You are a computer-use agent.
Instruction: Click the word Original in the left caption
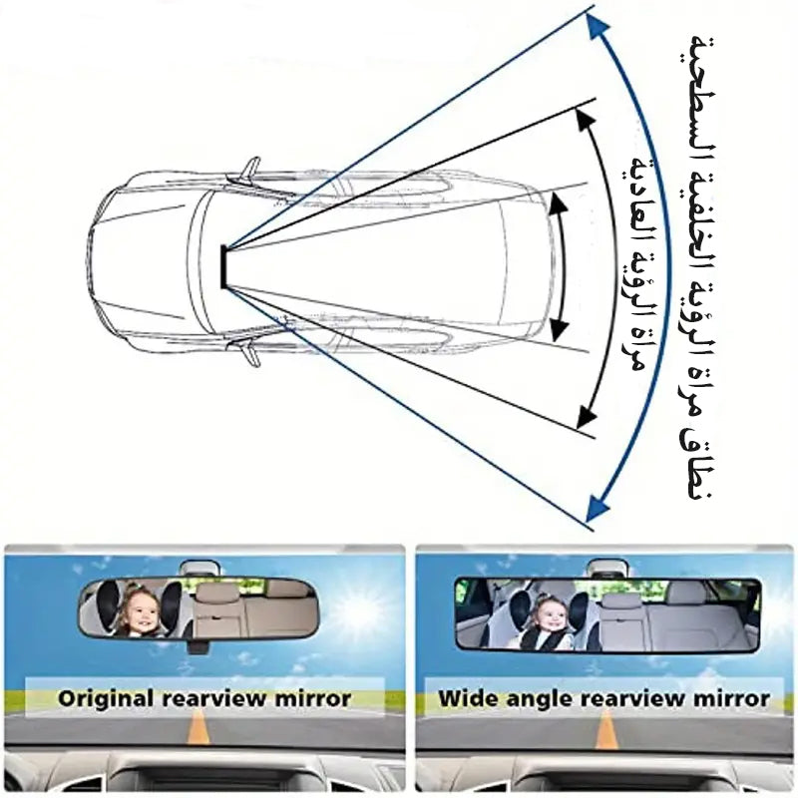[106, 699]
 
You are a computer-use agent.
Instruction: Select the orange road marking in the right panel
[605, 729]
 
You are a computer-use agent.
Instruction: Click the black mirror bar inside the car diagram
[223, 266]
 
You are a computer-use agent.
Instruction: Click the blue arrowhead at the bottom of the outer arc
[598, 509]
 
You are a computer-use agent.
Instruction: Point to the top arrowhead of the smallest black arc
[559, 203]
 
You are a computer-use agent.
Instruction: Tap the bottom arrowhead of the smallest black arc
[560, 330]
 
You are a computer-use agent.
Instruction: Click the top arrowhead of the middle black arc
[587, 121]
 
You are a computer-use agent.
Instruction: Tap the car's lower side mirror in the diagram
[250, 352]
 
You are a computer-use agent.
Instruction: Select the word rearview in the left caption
[213, 698]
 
